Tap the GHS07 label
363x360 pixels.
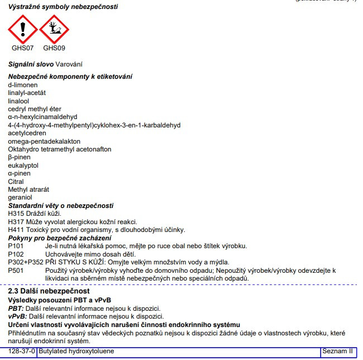tap(23, 48)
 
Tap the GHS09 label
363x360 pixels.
tap(54, 48)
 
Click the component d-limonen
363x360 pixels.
tap(23, 85)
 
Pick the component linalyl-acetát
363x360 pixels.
tap(27, 93)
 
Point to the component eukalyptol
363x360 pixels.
tap(23, 165)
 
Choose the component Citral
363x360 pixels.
tap(16, 182)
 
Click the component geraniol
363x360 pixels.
tap(20, 197)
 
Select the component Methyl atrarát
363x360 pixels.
tap(28, 190)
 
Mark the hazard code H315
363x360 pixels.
tap(17, 214)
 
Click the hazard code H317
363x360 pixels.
tap(17, 222)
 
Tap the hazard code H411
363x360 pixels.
tap(17, 230)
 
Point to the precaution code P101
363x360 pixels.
tap(16, 246)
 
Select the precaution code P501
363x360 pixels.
tap(16, 271)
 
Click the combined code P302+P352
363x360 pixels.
tap(26, 262)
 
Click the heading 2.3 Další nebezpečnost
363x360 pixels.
tap(49, 292)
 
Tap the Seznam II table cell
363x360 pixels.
tap(337, 352)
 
